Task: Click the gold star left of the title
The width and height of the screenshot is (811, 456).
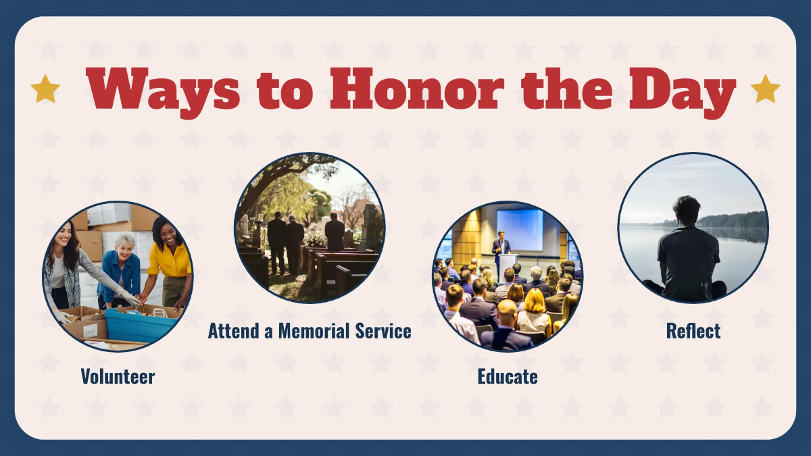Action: (45, 89)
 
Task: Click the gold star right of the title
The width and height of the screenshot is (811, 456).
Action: (765, 89)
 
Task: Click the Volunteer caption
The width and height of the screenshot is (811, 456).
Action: (118, 376)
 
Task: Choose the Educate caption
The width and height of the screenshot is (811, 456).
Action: (508, 376)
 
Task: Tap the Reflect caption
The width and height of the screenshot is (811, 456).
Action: (693, 331)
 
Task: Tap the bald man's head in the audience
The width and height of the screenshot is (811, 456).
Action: (507, 311)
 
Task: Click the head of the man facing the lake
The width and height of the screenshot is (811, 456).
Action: (686, 211)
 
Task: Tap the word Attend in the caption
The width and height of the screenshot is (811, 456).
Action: (229, 331)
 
